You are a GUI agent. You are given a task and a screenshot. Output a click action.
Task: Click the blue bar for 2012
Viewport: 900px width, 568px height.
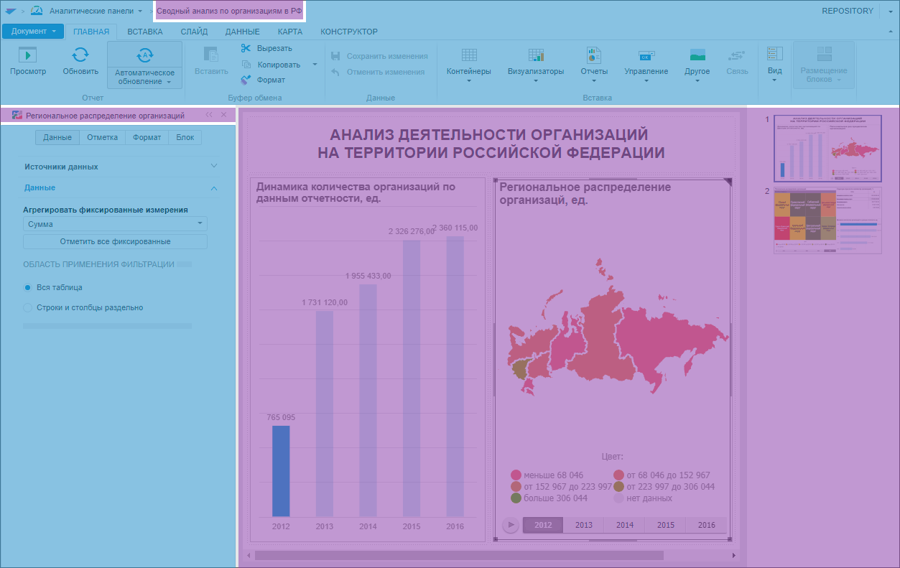point(281,471)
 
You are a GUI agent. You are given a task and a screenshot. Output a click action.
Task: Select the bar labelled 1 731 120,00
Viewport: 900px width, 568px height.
point(325,413)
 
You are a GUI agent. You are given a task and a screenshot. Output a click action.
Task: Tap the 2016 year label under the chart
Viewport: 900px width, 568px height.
point(455,526)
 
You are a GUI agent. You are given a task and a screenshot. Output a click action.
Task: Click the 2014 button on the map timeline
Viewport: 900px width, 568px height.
point(625,525)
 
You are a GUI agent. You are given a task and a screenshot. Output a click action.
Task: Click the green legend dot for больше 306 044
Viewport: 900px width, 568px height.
point(516,498)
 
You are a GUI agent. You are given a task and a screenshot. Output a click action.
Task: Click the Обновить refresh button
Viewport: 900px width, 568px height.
point(80,61)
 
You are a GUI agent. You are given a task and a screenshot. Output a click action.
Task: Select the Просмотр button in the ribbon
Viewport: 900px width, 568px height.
point(28,61)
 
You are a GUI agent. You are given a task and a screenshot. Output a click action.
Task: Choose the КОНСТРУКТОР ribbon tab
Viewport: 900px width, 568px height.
point(349,32)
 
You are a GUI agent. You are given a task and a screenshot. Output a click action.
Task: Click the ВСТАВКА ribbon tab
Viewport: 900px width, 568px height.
point(145,32)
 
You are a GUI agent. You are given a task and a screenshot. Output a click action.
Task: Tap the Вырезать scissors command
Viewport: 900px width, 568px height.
point(266,48)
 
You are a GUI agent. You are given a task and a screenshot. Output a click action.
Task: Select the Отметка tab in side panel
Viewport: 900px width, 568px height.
point(102,137)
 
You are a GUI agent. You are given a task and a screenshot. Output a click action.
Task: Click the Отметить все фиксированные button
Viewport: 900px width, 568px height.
point(115,241)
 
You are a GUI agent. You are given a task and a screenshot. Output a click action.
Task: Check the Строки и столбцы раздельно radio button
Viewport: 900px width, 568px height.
point(29,307)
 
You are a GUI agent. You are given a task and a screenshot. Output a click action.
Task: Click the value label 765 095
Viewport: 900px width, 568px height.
point(281,417)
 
